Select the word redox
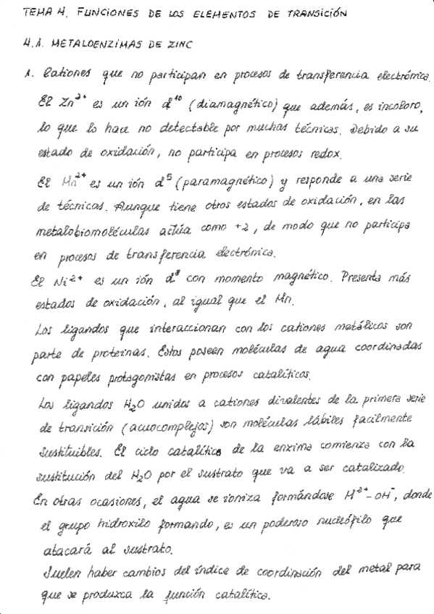[x=330, y=155]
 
